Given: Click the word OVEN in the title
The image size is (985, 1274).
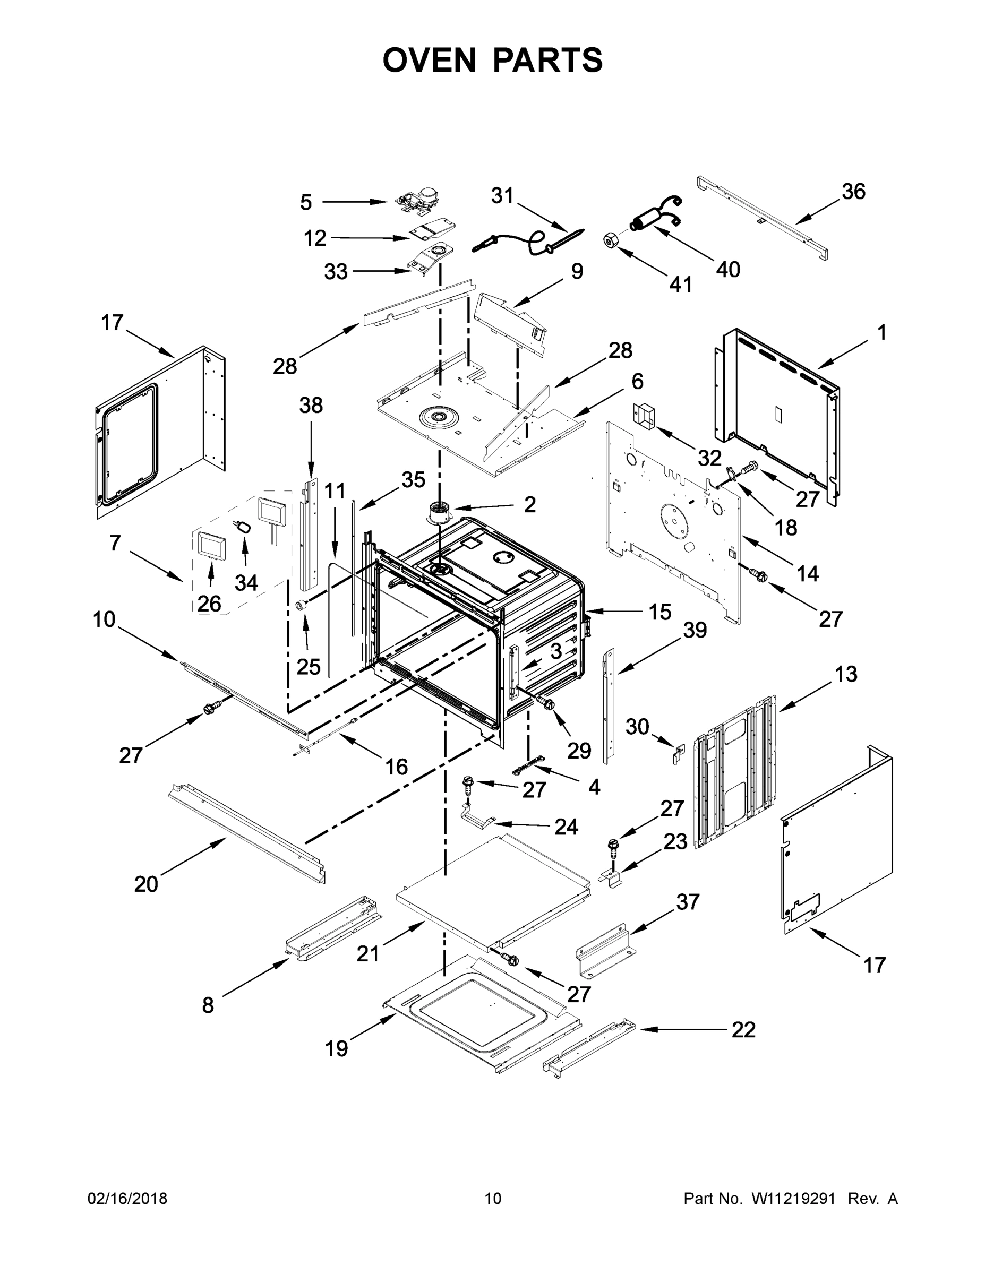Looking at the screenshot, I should [x=429, y=60].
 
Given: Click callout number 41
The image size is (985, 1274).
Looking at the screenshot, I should [x=680, y=285].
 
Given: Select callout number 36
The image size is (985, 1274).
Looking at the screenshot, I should [x=853, y=191].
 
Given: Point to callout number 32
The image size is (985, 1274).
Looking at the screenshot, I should [x=709, y=458].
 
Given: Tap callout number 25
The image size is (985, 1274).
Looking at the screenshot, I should [x=308, y=666].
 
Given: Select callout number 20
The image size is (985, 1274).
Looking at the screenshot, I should [x=146, y=884].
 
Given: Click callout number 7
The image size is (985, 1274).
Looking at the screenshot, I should [x=115, y=543].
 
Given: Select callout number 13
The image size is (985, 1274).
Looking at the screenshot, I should [x=845, y=674].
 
